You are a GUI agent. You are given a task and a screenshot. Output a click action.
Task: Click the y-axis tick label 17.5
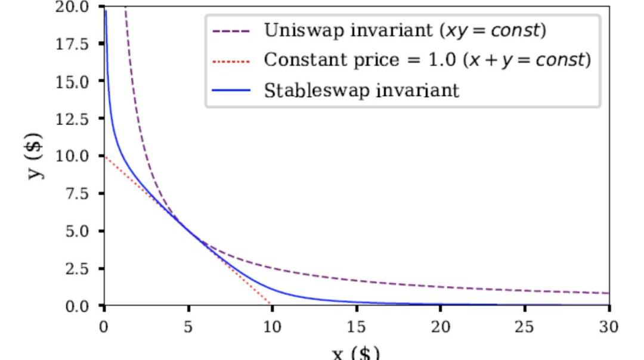click(78, 44)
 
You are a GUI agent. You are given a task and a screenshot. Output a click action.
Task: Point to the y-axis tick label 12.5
click(78, 119)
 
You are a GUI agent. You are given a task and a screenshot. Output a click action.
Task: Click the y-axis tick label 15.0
click(78, 82)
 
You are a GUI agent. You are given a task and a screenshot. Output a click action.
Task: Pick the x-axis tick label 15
click(356, 327)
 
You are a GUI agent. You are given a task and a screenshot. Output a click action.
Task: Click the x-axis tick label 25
click(525, 327)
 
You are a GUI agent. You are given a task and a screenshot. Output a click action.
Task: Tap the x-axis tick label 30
click(609, 327)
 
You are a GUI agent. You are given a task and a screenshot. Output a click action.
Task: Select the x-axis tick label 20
click(440, 327)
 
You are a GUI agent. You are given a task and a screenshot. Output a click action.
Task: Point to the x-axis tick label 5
click(188, 327)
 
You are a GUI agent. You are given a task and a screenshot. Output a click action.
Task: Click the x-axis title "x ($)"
click(356, 353)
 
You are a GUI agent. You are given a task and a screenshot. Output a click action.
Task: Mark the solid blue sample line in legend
click(231, 91)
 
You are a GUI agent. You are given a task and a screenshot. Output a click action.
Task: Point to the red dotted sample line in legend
click(231, 61)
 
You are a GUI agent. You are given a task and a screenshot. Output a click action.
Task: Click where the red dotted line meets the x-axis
click(272, 305)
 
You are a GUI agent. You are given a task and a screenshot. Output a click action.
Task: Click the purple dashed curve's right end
click(608, 293)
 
